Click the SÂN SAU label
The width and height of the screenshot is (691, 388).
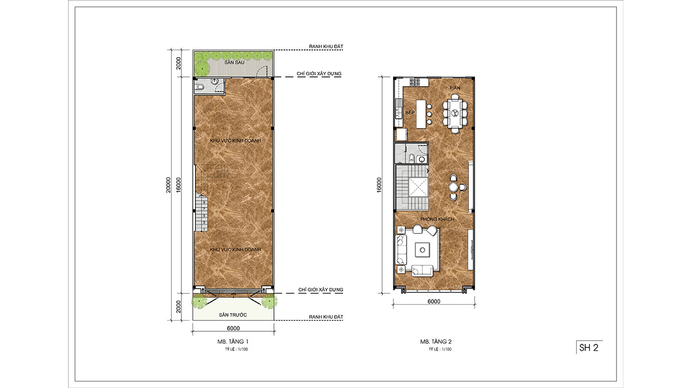[x=234, y=63]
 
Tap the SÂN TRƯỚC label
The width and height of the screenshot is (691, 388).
[x=233, y=315]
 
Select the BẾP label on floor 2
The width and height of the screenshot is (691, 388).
[x=410, y=113]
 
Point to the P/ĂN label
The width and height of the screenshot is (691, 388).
[x=455, y=88]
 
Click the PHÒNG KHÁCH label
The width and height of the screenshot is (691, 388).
[x=437, y=219]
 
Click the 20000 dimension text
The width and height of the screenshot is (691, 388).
[x=168, y=185]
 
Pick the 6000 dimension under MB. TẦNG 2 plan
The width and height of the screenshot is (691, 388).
[x=434, y=301]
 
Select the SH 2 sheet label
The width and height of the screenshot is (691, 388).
[x=589, y=348]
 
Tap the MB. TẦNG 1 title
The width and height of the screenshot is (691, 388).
[x=233, y=342]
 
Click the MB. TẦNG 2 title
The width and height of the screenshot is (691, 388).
[x=436, y=342]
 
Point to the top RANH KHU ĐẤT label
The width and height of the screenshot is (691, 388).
[x=326, y=46]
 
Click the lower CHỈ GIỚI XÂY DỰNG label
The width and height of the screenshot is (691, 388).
[x=321, y=290]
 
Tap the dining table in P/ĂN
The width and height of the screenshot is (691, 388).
[x=455, y=114]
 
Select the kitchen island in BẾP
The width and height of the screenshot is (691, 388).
[x=421, y=114]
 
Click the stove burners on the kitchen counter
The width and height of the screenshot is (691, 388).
[x=414, y=82]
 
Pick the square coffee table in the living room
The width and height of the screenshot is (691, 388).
[x=422, y=250]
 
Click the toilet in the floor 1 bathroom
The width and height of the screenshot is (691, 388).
[x=199, y=87]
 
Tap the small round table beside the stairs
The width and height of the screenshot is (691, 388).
[x=453, y=187]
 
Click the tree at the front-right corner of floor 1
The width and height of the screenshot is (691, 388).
[x=269, y=301]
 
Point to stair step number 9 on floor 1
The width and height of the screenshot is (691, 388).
[x=204, y=202]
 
